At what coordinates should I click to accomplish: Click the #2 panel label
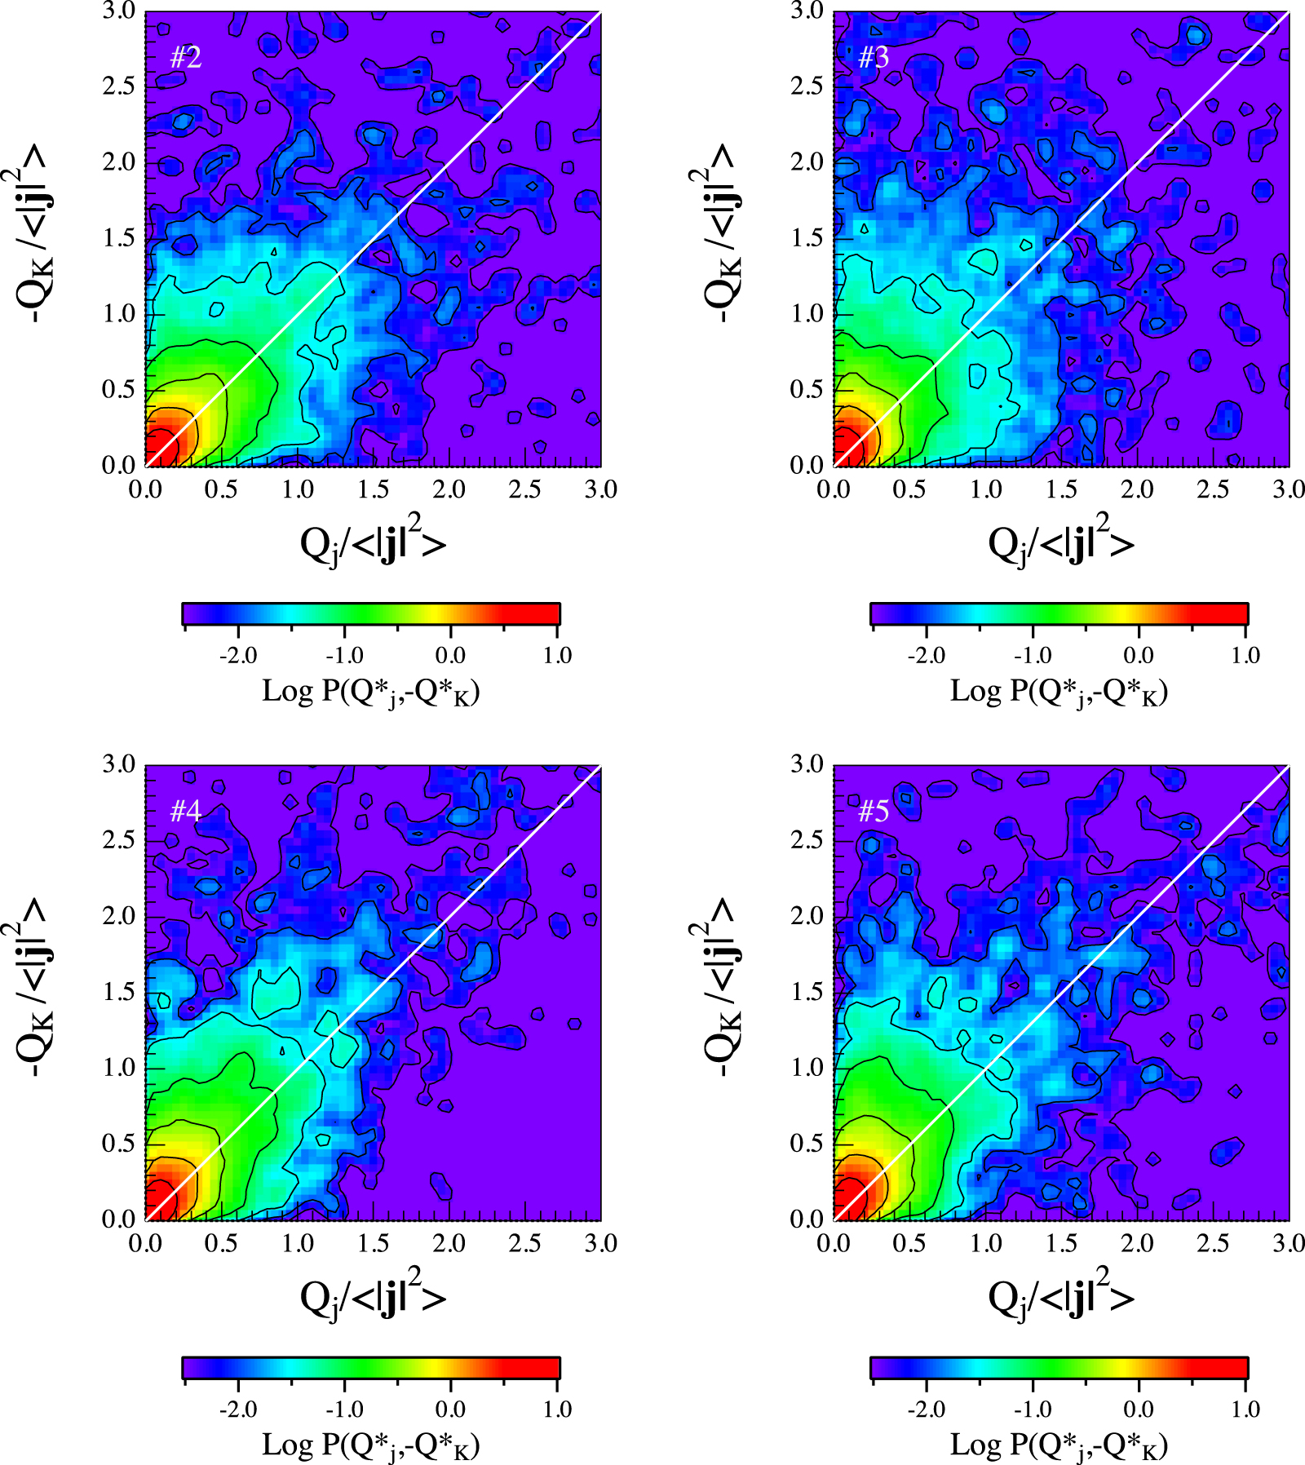click(x=185, y=58)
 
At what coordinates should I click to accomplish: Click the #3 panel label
click(x=874, y=58)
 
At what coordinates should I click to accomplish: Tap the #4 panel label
click(x=185, y=811)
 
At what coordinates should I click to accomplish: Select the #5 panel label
click(x=874, y=811)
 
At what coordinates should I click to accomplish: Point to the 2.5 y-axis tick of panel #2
click(x=119, y=86)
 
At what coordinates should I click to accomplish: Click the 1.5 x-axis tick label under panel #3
click(x=1061, y=489)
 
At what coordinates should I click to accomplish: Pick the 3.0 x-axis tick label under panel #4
click(x=601, y=1243)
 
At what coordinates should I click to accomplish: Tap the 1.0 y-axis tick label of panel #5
click(x=807, y=1067)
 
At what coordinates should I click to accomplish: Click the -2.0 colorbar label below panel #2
click(x=238, y=656)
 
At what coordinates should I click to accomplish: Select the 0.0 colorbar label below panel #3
click(x=1139, y=656)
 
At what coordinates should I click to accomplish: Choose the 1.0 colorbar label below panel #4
click(x=557, y=1410)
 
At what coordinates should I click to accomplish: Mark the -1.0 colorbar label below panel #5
click(x=1033, y=1410)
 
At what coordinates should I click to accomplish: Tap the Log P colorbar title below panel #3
click(x=1059, y=692)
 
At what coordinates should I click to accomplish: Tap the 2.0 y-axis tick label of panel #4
click(x=119, y=916)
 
